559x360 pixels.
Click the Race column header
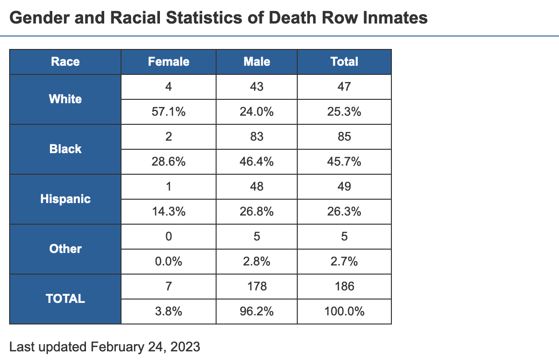point(65,61)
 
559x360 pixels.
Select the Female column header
point(169,61)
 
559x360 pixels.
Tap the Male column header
point(257,61)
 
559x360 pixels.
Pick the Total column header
point(344,61)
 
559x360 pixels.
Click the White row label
point(65,99)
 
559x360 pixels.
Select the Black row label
point(65,149)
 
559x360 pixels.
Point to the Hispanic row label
point(65,199)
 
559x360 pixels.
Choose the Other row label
point(65,249)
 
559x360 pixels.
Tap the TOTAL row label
point(65,299)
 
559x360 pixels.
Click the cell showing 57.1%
point(169,112)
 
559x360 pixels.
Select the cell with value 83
point(257,137)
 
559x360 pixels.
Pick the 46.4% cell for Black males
point(257,162)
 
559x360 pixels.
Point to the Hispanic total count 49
point(344,187)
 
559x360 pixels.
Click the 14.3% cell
point(169,212)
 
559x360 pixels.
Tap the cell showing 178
point(257,287)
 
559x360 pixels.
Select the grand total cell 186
point(344,287)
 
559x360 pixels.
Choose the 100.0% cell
point(344,312)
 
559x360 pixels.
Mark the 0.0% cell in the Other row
point(169,262)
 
